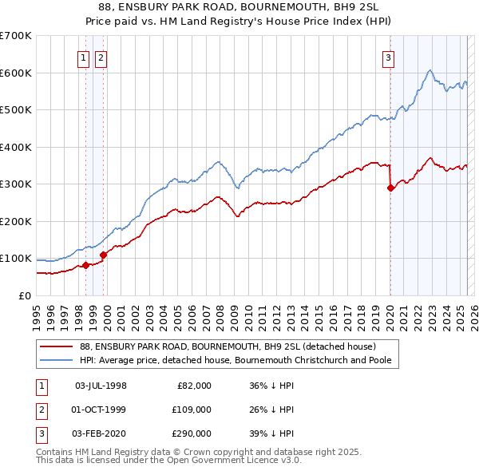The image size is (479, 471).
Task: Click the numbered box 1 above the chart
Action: pos(84,57)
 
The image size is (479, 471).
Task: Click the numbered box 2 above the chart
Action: pos(101,57)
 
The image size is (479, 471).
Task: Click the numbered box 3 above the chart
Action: pos(388,57)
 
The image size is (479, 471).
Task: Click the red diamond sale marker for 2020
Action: pos(390,188)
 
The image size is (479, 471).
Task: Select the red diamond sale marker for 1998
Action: pos(85,265)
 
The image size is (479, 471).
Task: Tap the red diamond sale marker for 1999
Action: pos(103,255)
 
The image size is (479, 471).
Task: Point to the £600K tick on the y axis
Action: pos(17,73)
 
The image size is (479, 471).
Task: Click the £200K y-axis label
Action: pos(17,221)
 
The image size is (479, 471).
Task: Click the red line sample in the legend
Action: pos(57,346)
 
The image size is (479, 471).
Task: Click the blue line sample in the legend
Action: pos(57,361)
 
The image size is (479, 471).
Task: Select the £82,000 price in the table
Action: pos(194,386)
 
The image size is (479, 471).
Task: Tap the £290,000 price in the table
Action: pos(192,433)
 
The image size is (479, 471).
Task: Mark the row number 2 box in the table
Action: pos(40,410)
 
